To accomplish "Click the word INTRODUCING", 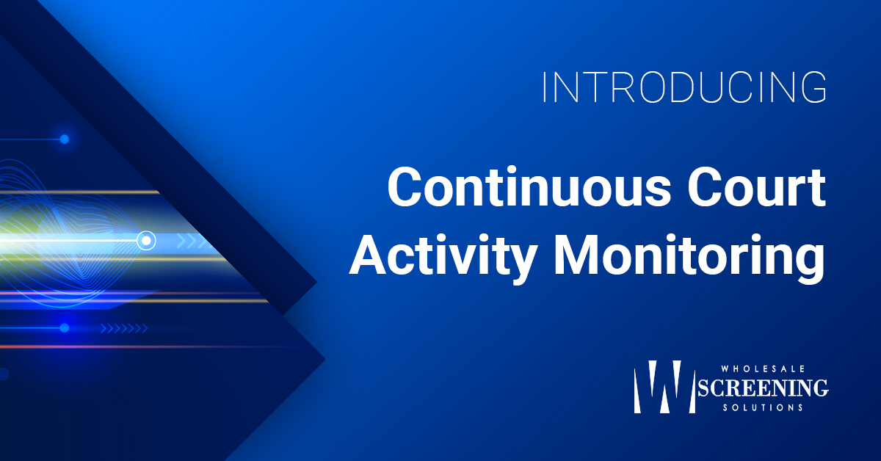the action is point(684,87).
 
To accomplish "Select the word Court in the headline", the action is point(756,186).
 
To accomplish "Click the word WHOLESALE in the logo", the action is point(763,369).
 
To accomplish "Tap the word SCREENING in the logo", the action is point(763,388).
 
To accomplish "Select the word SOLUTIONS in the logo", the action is point(763,407).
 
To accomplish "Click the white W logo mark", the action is point(664,387).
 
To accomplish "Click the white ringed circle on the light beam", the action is point(146,240).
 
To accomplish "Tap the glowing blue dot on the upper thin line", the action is point(65,139).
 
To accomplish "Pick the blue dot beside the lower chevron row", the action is point(65,327).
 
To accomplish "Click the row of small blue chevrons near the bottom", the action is point(124,328).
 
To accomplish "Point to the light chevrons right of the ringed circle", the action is point(192,241).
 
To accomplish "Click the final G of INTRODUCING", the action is point(813,87).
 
